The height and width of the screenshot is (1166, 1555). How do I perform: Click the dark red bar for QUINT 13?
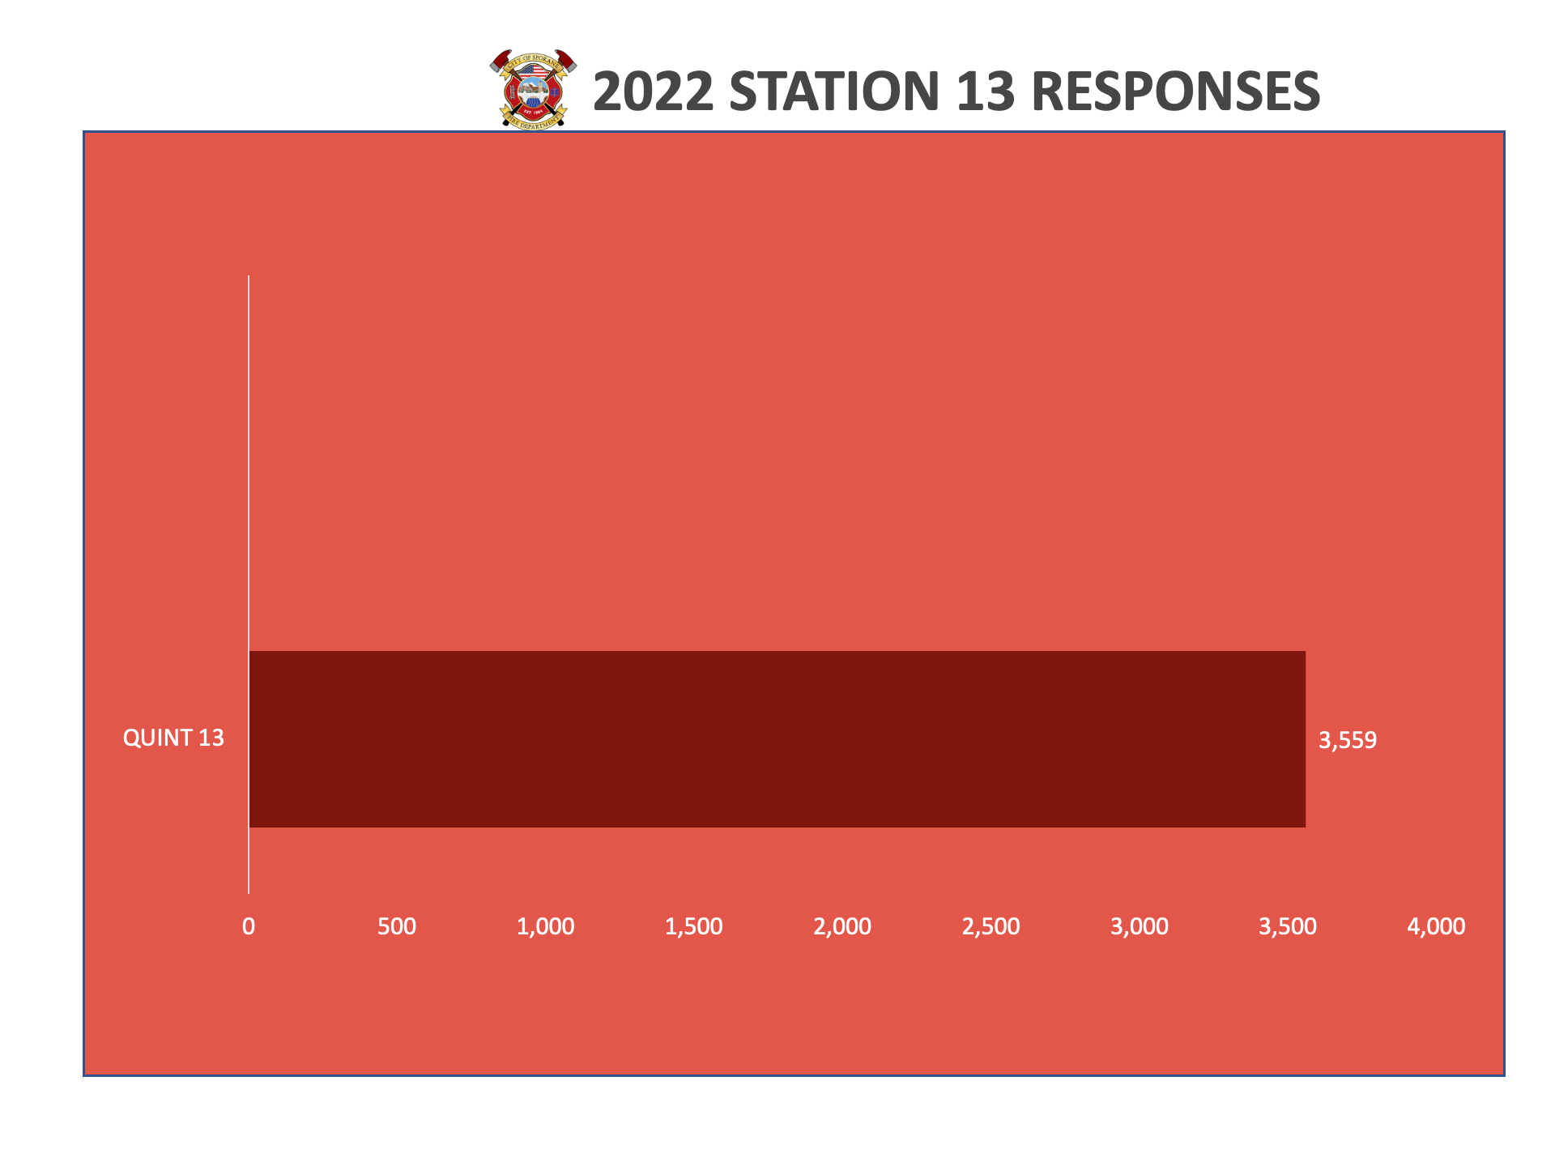tap(777, 739)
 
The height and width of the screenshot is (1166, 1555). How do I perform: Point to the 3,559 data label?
tap(1348, 740)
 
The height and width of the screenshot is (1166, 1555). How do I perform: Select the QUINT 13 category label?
tap(173, 738)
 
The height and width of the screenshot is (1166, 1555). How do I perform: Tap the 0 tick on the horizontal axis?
tap(249, 926)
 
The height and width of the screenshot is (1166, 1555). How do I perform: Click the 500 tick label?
tap(397, 926)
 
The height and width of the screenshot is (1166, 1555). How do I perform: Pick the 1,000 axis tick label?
tap(546, 926)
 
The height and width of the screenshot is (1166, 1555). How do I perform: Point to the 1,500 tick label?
tap(694, 926)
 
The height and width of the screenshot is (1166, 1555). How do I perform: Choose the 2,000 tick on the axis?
tap(842, 926)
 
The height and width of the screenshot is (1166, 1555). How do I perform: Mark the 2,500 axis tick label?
tap(991, 926)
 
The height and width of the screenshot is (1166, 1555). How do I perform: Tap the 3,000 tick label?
tap(1140, 926)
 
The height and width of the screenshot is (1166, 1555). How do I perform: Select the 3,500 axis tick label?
tap(1288, 926)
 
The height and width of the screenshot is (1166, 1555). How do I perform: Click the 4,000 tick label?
tap(1437, 926)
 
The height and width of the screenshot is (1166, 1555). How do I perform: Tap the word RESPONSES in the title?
tap(1176, 91)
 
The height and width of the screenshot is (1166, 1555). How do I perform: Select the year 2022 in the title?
tap(654, 91)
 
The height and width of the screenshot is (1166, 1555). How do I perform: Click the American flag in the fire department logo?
tap(533, 70)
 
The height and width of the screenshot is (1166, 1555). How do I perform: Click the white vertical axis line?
tap(249, 585)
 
